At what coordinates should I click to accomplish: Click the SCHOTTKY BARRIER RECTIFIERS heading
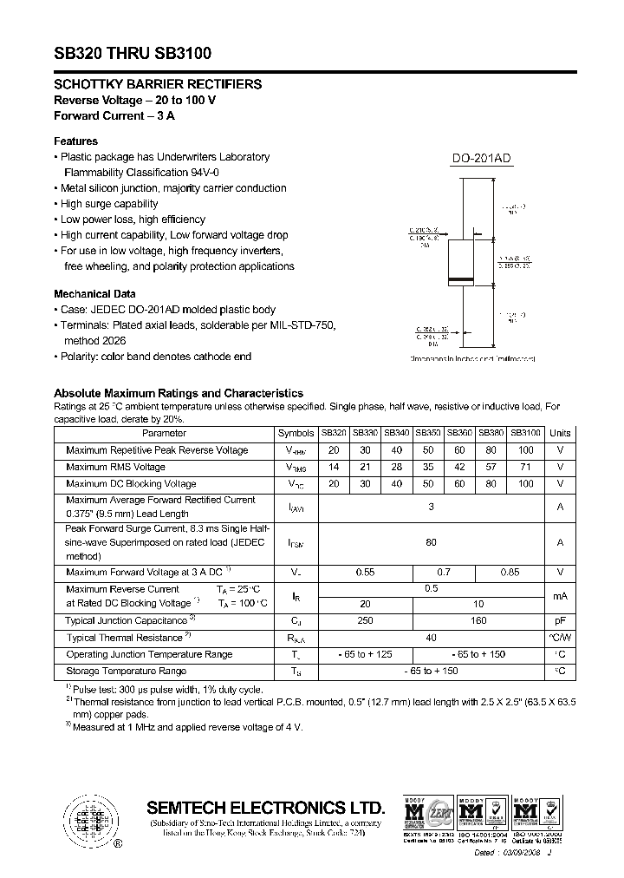click(158, 85)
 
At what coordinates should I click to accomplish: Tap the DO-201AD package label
click(482, 158)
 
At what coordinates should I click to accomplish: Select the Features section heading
click(76, 141)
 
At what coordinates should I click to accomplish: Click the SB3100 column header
click(525, 433)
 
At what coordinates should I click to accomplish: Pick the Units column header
click(561, 433)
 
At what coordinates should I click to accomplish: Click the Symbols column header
click(296, 433)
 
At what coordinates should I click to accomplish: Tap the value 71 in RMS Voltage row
click(525, 467)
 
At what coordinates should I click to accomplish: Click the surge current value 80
click(431, 541)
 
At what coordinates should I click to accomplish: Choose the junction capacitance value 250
click(365, 620)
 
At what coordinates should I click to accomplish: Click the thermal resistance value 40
click(431, 638)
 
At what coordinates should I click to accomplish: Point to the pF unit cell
click(561, 620)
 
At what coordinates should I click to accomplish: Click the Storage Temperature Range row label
click(127, 671)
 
